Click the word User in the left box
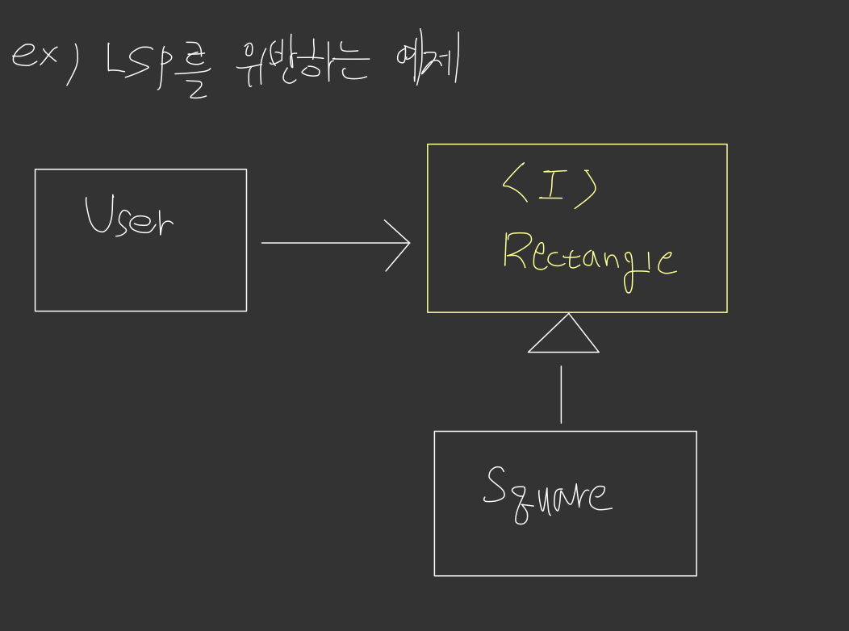(129, 216)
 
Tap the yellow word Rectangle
(589, 257)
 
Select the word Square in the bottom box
(547, 494)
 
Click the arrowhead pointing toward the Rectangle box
(399, 242)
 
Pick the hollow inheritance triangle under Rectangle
(563, 337)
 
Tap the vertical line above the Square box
(561, 394)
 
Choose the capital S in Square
(494, 486)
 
